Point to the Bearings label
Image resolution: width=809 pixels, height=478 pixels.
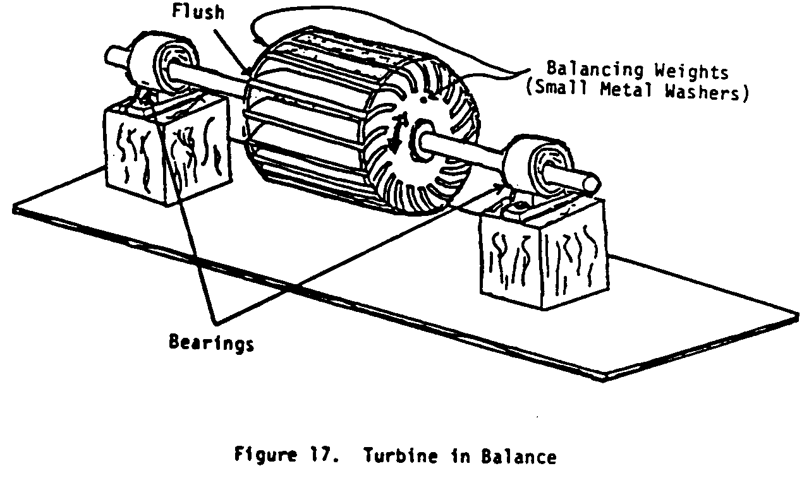[211, 343]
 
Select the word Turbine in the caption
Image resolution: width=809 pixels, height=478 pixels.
[392, 457]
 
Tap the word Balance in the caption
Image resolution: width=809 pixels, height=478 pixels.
[524, 457]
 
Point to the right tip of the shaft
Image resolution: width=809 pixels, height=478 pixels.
[592, 183]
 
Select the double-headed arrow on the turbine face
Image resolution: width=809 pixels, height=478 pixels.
[396, 134]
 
